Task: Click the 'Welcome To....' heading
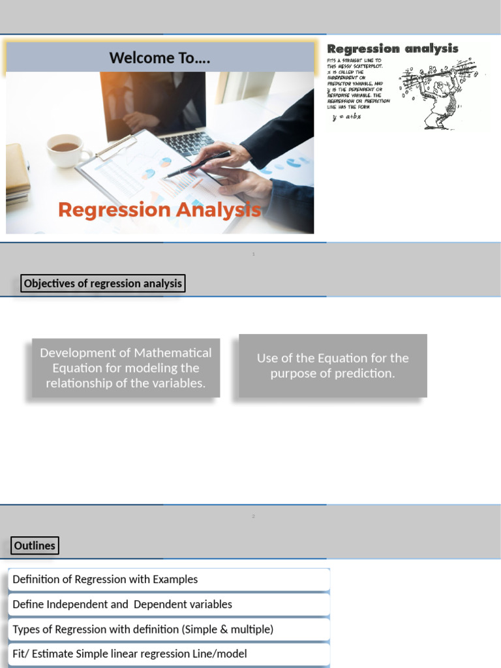[x=160, y=57]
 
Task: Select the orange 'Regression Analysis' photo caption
[x=159, y=210]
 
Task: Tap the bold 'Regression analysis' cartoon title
[x=392, y=49]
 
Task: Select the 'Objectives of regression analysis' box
[x=103, y=284]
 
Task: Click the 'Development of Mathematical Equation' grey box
[x=126, y=368]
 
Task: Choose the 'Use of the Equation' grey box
[x=333, y=366]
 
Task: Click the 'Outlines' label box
[x=35, y=545]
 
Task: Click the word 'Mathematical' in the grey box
[x=172, y=353]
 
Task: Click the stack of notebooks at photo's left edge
[x=18, y=173]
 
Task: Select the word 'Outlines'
[x=35, y=545]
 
